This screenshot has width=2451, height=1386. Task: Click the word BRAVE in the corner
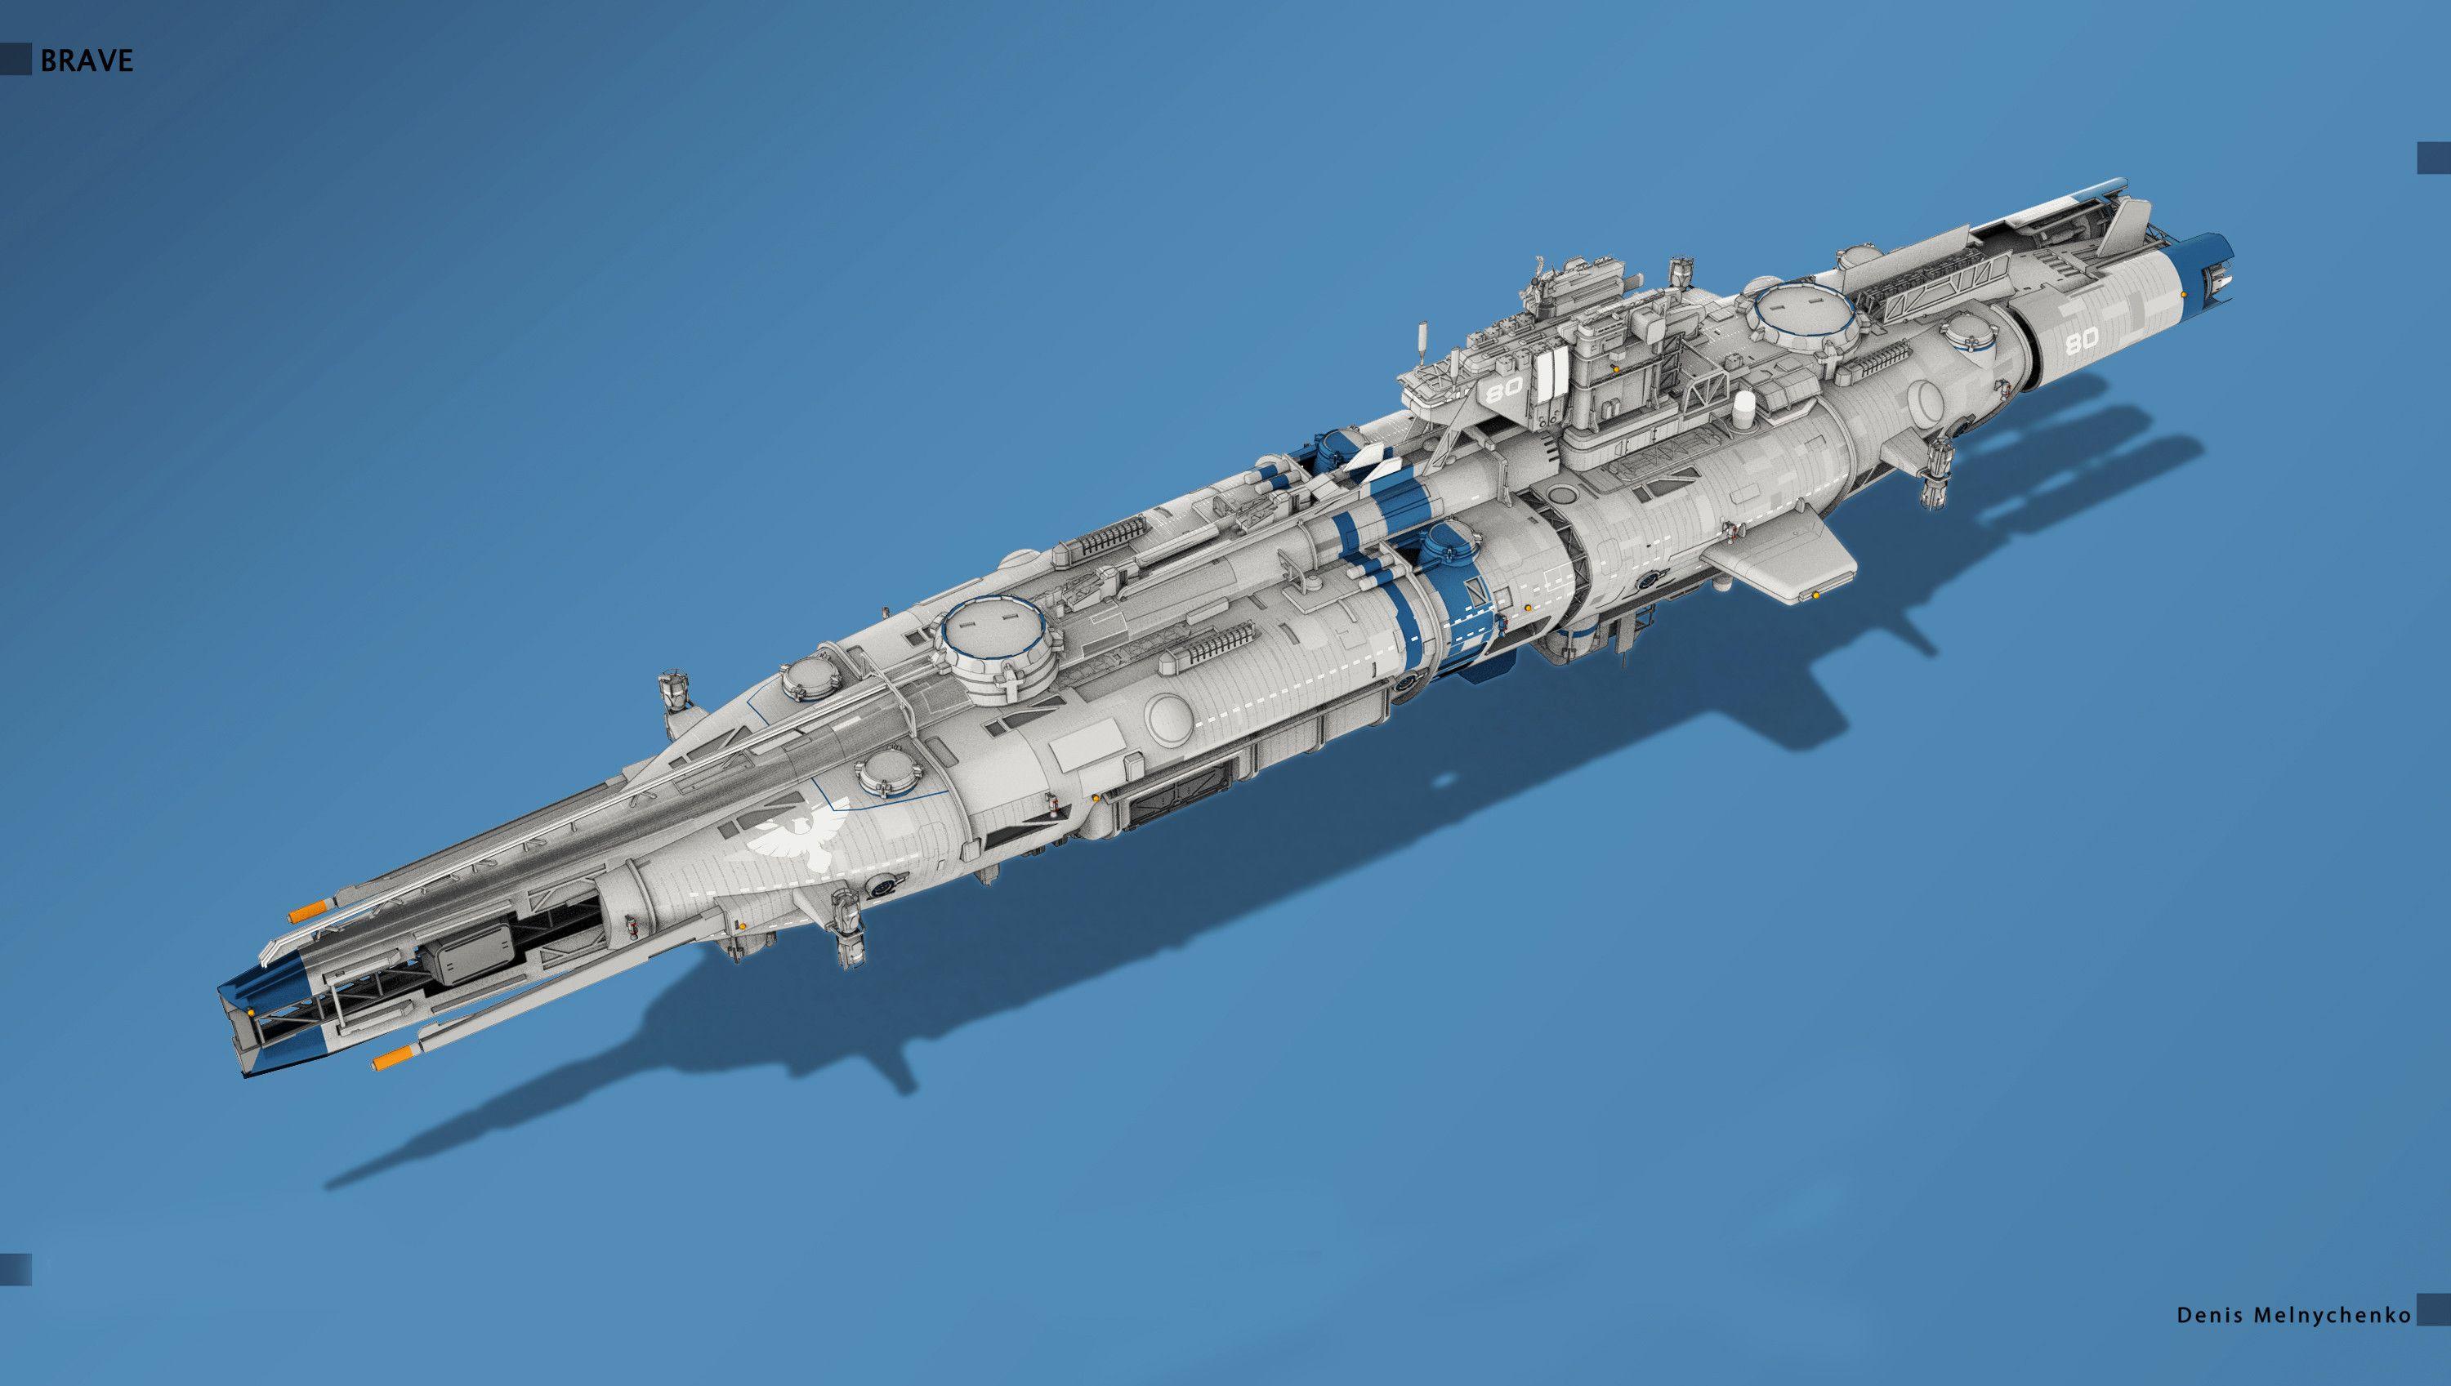[87, 61]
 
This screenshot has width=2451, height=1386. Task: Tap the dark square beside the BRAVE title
[16, 61]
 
